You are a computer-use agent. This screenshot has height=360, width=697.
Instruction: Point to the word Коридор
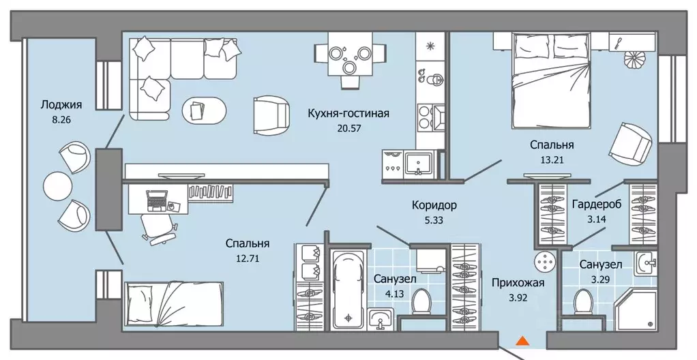[x=434, y=205]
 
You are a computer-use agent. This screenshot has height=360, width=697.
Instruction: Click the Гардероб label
[x=596, y=205]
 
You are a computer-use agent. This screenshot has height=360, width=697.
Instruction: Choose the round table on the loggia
[x=57, y=184]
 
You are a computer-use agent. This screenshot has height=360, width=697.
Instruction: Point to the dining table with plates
[x=348, y=59]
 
